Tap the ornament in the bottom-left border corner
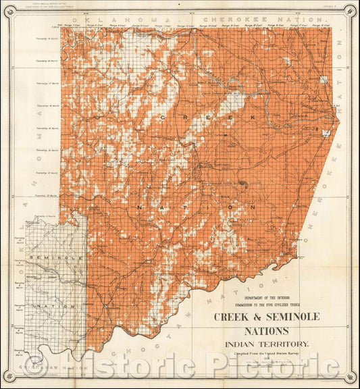(9, 378)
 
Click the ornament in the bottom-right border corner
(350, 378)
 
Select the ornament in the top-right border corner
(350, 10)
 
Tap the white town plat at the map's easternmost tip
(328, 133)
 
